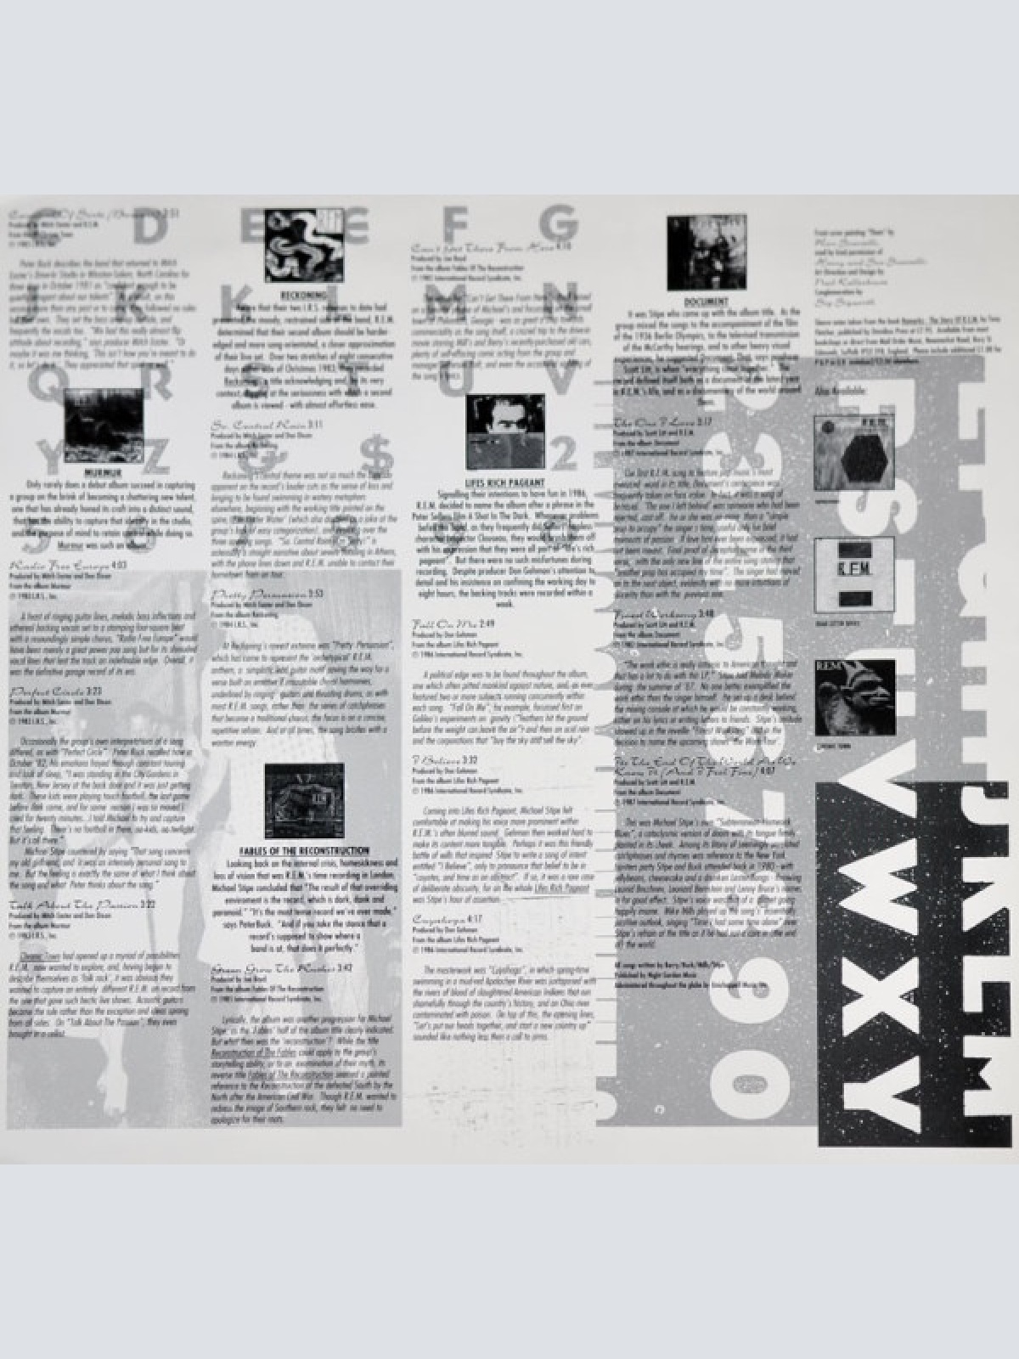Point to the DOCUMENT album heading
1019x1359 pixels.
point(706,302)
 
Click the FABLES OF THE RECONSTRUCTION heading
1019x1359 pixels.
point(304,850)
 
